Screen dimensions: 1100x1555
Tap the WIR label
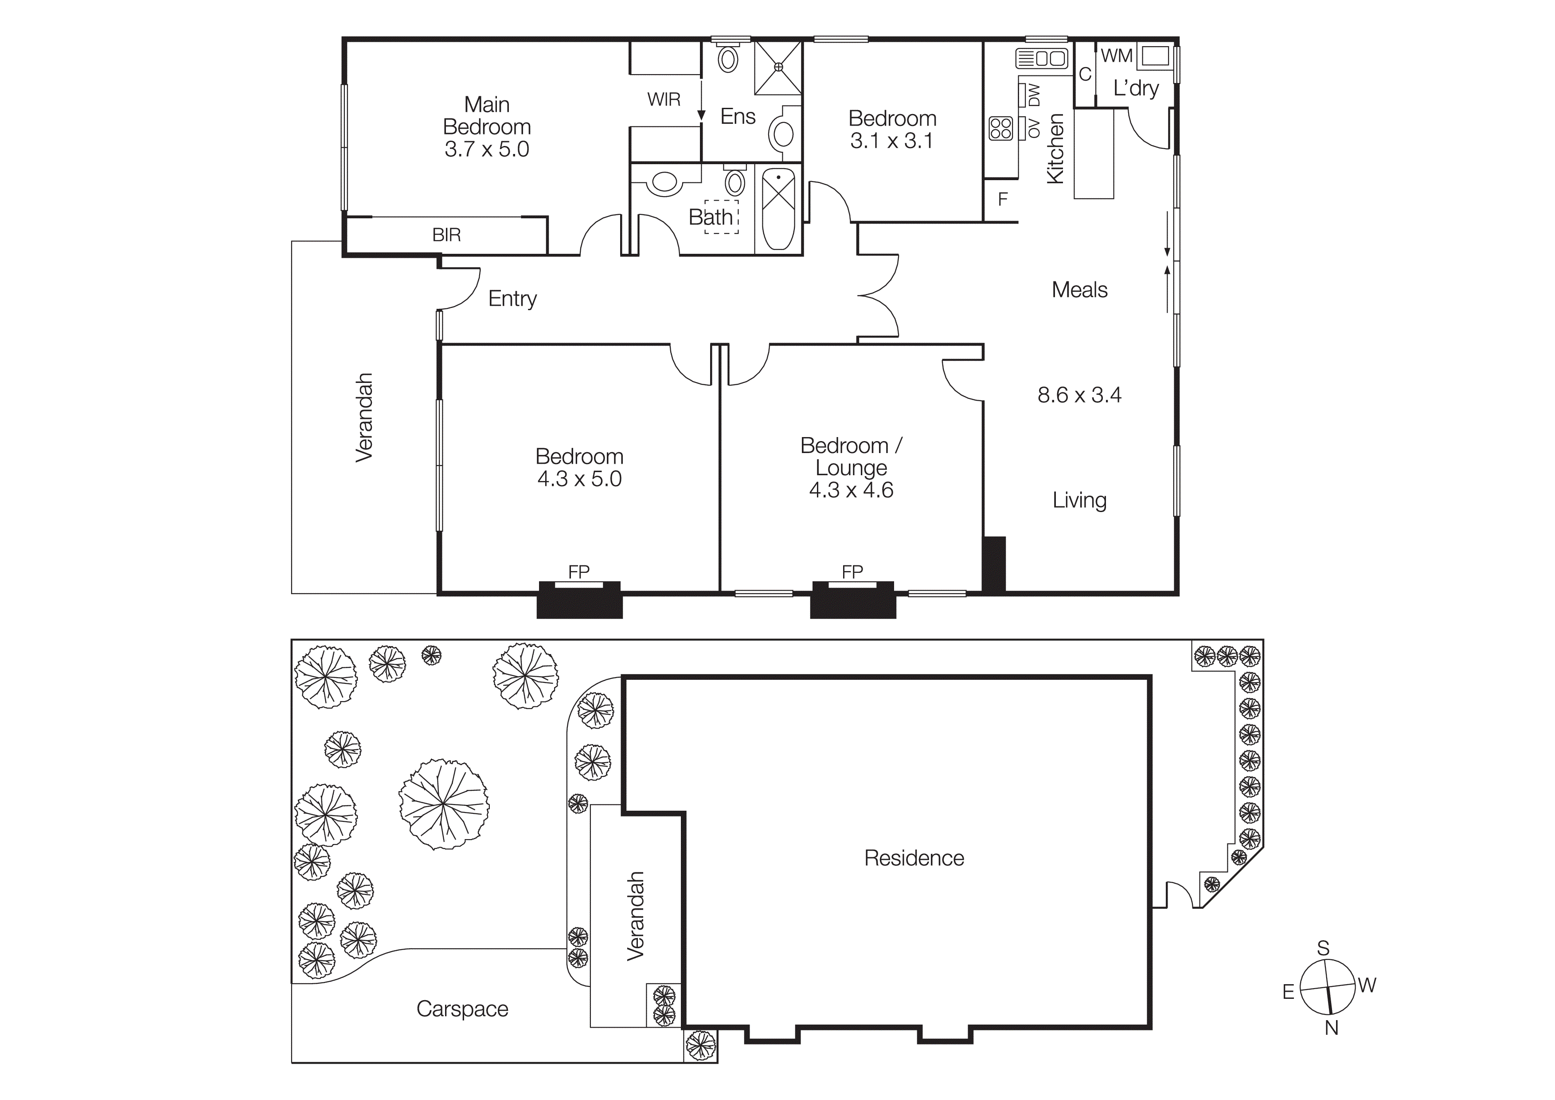click(663, 100)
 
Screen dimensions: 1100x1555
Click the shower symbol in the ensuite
click(778, 67)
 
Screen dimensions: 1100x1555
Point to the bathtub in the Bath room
click(779, 209)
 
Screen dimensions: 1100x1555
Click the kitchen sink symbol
click(1042, 58)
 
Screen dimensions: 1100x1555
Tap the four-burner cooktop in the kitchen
click(1000, 128)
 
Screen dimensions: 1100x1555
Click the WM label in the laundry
click(1116, 55)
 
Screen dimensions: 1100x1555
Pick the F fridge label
click(1003, 199)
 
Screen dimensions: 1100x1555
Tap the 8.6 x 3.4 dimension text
click(1079, 394)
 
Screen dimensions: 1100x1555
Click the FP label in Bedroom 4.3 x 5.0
click(578, 572)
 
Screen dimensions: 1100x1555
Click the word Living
click(1079, 500)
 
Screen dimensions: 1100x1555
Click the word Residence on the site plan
click(914, 858)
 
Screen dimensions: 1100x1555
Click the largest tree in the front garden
click(444, 804)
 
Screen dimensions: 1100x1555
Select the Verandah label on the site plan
click(635, 916)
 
